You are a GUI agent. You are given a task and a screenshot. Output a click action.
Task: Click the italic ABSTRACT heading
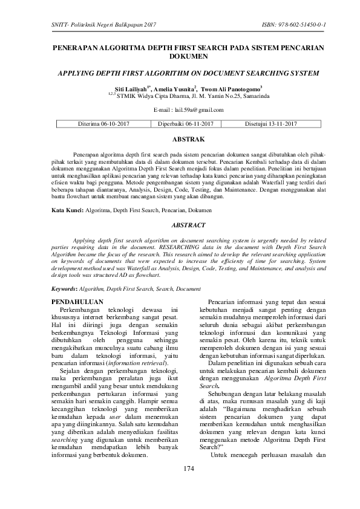click(x=180, y=224)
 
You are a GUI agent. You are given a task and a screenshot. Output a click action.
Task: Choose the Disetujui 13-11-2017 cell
click(x=270, y=124)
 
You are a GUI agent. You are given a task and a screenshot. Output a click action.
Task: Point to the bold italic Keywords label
click(x=65, y=290)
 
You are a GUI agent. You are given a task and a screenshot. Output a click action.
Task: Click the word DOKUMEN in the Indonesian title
click(x=180, y=57)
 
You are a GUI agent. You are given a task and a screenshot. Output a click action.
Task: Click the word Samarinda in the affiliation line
click(x=240, y=96)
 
